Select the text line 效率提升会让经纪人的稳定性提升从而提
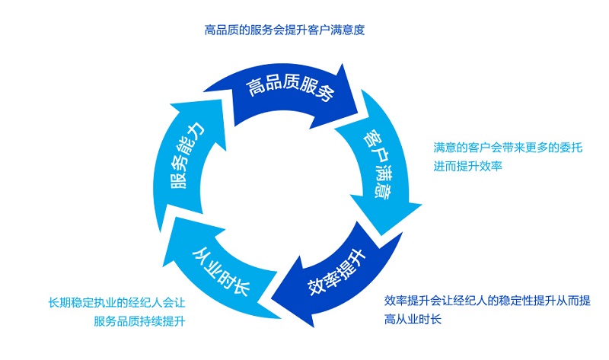487,301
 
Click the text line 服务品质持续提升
140,320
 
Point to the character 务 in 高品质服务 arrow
327,95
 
